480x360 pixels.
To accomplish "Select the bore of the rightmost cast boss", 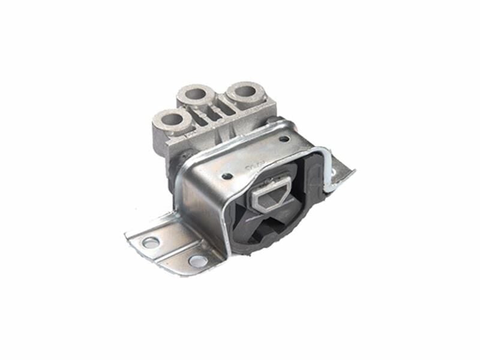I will (x=245, y=92).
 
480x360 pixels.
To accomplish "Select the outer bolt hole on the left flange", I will (x=151, y=242).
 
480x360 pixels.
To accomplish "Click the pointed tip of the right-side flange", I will (x=353, y=172).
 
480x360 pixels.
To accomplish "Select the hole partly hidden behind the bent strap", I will (x=333, y=174).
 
